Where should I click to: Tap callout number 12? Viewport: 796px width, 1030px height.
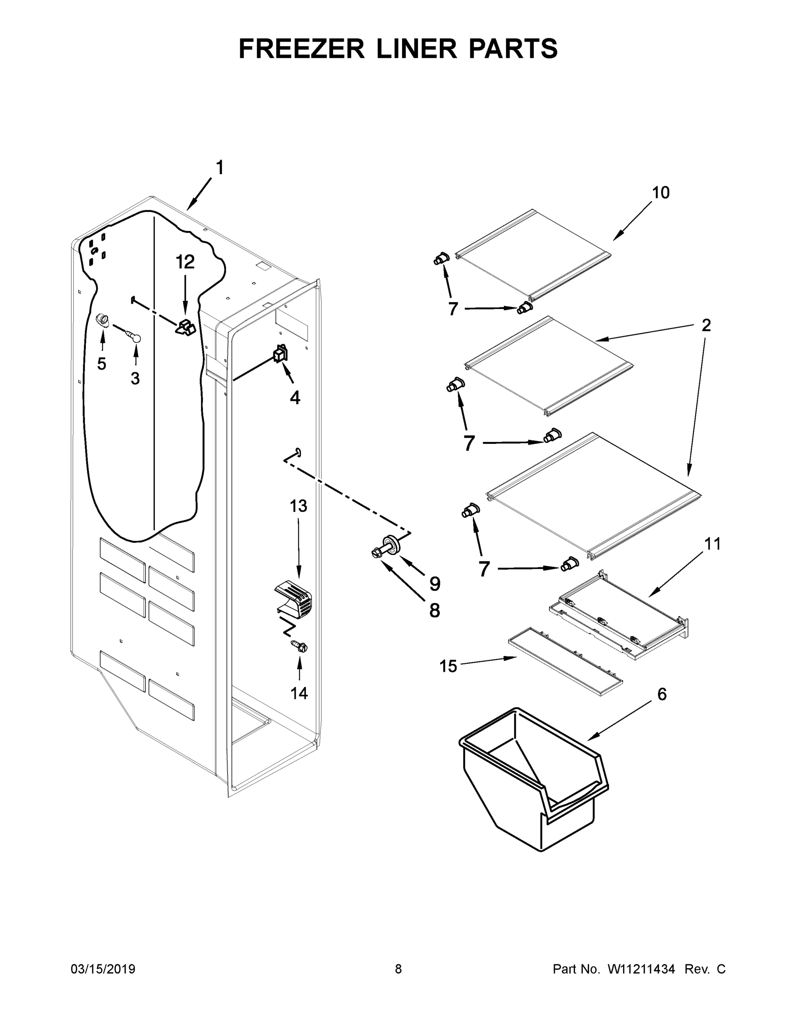pos(185,262)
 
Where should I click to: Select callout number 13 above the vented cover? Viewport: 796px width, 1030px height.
pos(298,506)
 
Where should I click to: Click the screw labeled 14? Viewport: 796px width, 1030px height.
pos(300,647)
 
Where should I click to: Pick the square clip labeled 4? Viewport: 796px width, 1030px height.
pos(281,354)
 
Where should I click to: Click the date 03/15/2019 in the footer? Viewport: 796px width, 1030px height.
pos(103,969)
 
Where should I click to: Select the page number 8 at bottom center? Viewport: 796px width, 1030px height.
pos(398,969)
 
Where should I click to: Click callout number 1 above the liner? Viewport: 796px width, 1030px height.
pos(220,168)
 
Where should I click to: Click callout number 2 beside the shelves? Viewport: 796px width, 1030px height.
pos(705,325)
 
